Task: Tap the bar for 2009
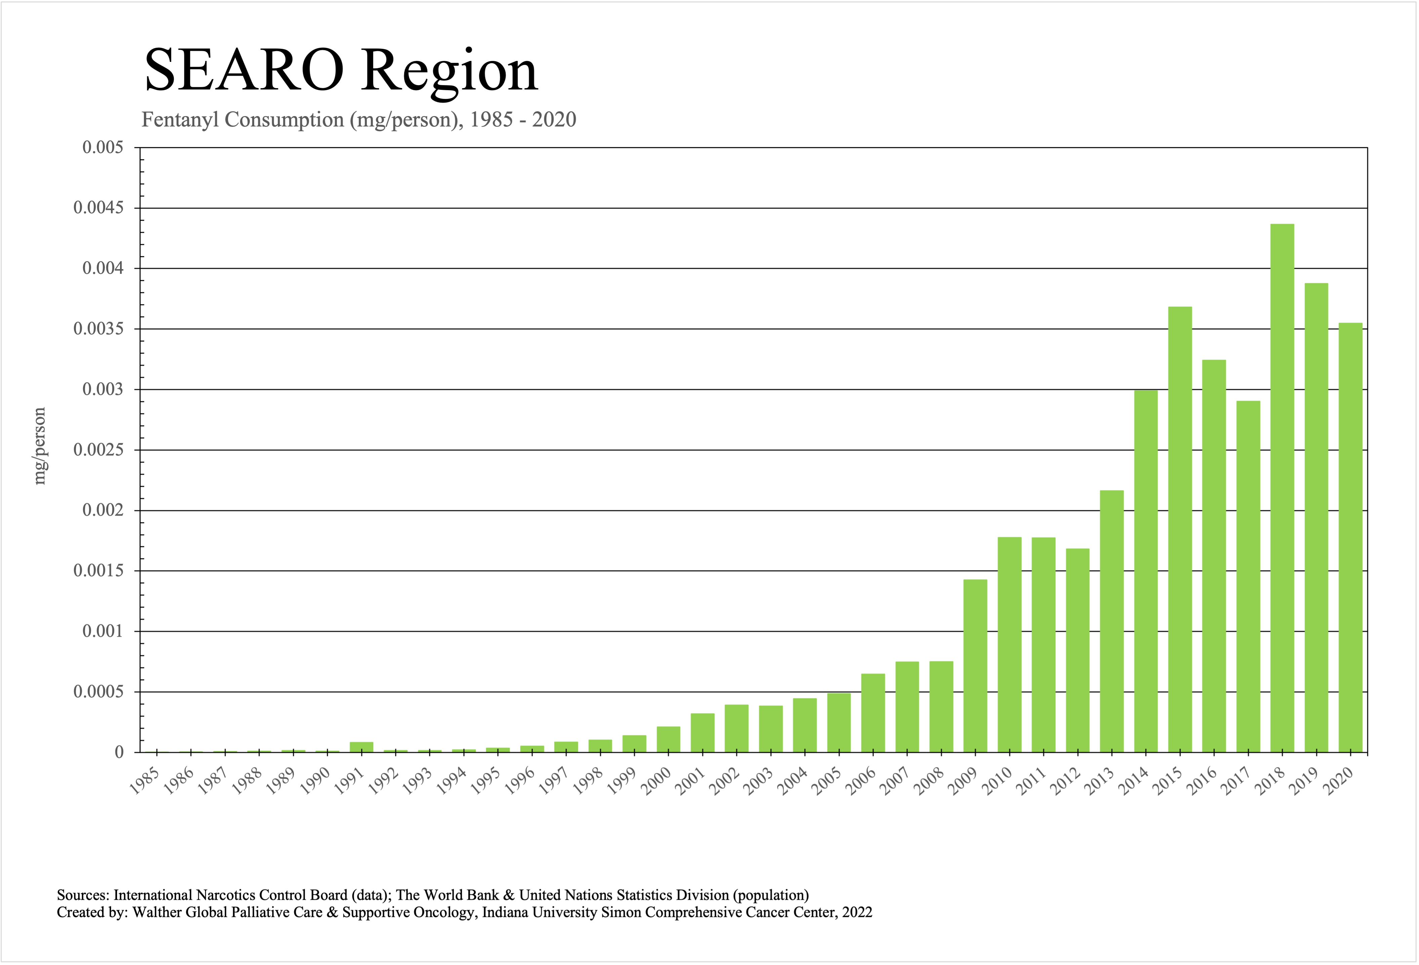975,666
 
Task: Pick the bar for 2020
1350,537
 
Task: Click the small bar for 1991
361,747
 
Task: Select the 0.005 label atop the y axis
103,148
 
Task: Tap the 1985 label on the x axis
145,782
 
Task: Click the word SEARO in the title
244,71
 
